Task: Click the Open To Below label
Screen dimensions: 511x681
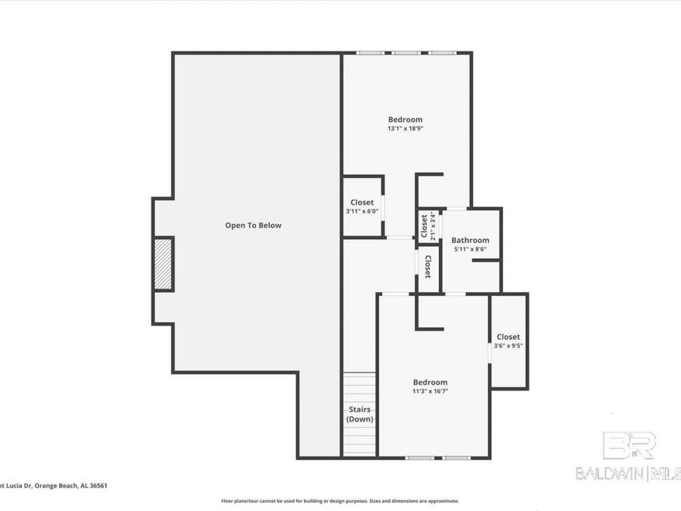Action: [x=253, y=225]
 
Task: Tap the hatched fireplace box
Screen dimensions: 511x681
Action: [x=163, y=263]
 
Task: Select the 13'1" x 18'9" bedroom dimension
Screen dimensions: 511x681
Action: [x=405, y=129]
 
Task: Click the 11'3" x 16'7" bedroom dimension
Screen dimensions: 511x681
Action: [x=430, y=391]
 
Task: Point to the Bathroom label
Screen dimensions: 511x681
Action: [x=470, y=240]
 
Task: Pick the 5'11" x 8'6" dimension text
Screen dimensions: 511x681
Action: [x=470, y=249]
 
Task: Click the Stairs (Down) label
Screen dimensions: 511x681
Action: [x=359, y=414]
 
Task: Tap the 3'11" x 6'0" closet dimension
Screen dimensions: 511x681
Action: [x=362, y=211]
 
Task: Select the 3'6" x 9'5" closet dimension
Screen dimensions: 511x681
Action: [x=508, y=346]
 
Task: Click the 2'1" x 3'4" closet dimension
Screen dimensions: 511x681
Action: [x=433, y=225]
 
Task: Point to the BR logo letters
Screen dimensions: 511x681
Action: [x=628, y=446]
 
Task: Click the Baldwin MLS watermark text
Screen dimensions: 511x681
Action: [x=628, y=474]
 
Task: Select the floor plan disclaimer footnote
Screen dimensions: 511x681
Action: [x=340, y=501]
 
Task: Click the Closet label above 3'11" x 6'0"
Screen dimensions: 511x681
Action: [x=362, y=202]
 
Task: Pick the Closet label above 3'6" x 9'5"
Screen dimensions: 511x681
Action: [x=508, y=337]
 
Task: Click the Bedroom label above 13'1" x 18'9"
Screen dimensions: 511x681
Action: [x=405, y=120]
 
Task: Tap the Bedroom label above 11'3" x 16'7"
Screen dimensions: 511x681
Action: [x=430, y=382]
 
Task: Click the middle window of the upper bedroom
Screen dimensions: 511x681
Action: [x=406, y=53]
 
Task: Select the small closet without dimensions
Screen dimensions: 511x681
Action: [x=428, y=266]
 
